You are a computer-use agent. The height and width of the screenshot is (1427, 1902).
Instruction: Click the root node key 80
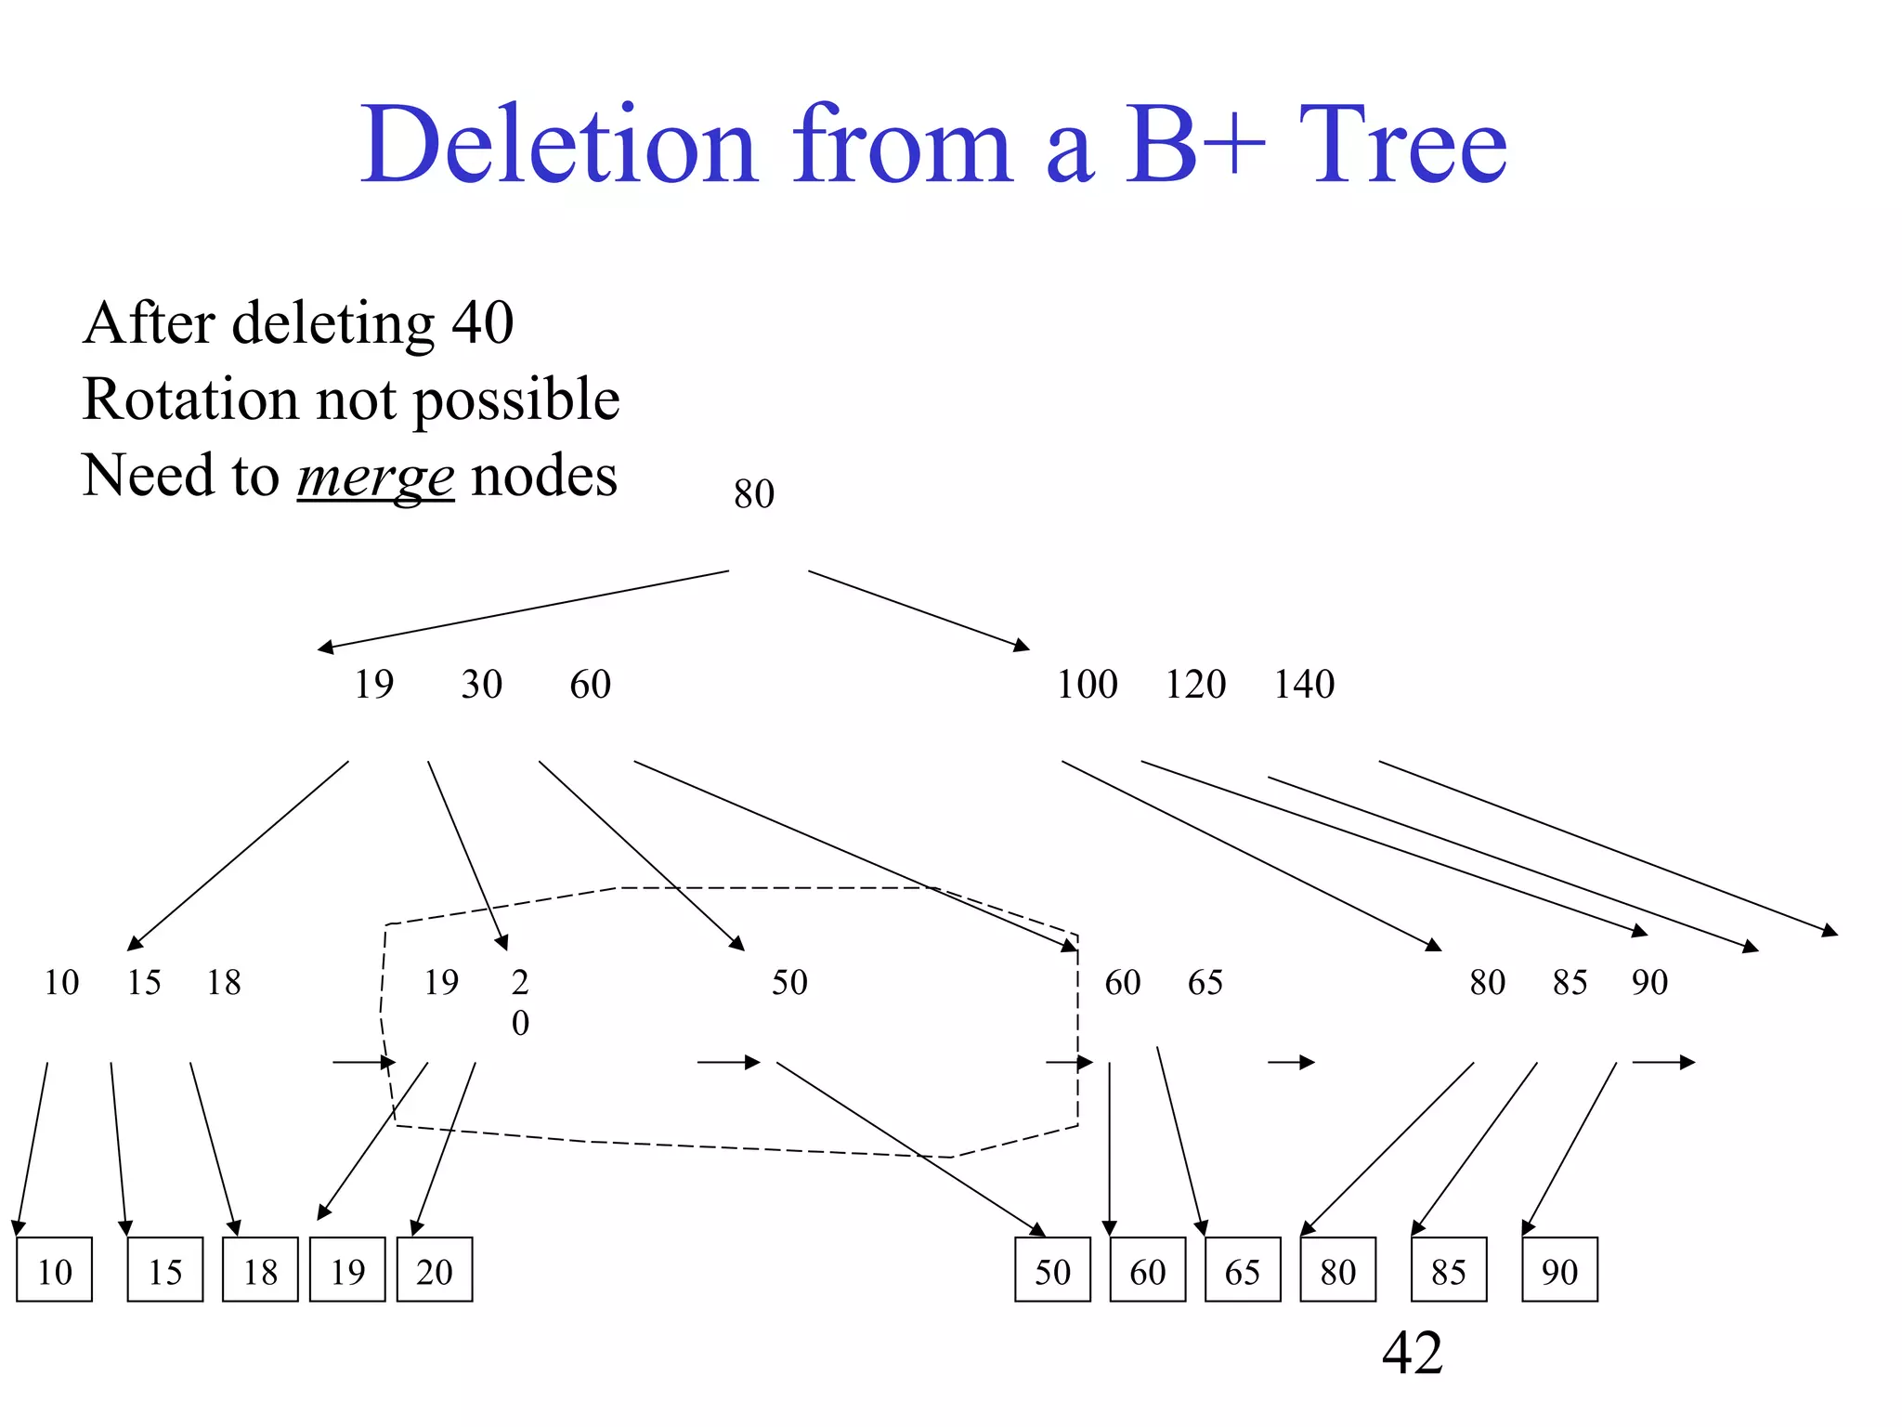[x=753, y=494]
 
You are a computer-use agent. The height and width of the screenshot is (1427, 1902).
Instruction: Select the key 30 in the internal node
[x=481, y=685]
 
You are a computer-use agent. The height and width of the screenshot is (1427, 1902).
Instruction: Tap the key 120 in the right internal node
[x=1195, y=685]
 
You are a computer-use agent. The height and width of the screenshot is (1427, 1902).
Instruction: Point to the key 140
[x=1304, y=685]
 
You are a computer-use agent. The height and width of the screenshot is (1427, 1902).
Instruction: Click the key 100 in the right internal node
[x=1087, y=685]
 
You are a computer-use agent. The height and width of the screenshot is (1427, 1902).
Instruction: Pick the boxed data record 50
[x=1052, y=1270]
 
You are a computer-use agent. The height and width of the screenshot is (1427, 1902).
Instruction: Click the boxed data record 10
[x=55, y=1270]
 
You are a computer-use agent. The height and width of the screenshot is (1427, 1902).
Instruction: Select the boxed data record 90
[x=1559, y=1270]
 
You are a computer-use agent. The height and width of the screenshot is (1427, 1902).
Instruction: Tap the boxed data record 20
[x=435, y=1270]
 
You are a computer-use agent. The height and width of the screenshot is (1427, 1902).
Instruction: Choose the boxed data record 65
[x=1243, y=1270]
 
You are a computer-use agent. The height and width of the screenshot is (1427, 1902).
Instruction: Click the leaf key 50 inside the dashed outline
[x=789, y=982]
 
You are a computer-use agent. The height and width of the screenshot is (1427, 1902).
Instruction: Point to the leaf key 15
[x=144, y=982]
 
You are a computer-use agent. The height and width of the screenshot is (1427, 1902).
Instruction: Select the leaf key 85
[x=1570, y=982]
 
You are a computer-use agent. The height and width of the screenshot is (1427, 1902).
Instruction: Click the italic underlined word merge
[x=375, y=477]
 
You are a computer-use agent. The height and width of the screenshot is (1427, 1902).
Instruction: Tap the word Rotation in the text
[x=189, y=399]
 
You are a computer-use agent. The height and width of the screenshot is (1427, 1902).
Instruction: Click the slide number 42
[x=1412, y=1353]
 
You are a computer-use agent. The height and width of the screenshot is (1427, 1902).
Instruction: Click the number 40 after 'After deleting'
[x=483, y=323]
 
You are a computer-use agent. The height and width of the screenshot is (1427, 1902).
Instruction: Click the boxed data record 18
[x=260, y=1270]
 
